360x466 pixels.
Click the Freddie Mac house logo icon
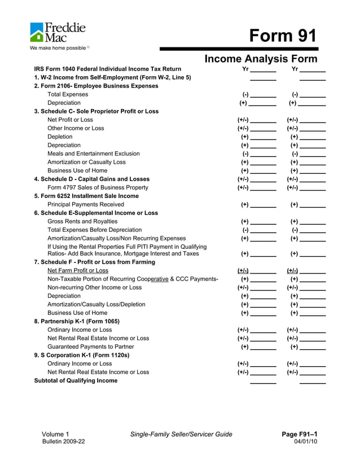coord(37,32)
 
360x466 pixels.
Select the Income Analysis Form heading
coord(261,59)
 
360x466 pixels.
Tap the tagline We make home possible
coord(58,48)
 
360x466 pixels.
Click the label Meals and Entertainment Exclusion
coord(94,153)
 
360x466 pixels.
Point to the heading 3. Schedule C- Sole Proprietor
coord(96,111)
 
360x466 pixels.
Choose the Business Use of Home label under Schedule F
coord(77,313)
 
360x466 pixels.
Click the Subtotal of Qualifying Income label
coord(76,380)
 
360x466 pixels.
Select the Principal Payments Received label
coord(86,204)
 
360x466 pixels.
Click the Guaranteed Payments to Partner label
coord(91,346)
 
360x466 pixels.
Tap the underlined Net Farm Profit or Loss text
coord(78,270)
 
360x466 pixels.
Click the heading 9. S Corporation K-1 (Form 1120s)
coord(82,355)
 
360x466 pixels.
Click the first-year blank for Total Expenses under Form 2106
coord(263,95)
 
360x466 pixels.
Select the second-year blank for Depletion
coord(313,137)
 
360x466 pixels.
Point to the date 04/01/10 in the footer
coord(306,441)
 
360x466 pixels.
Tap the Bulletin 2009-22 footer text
coord(63,441)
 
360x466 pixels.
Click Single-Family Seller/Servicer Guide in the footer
coord(181,434)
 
